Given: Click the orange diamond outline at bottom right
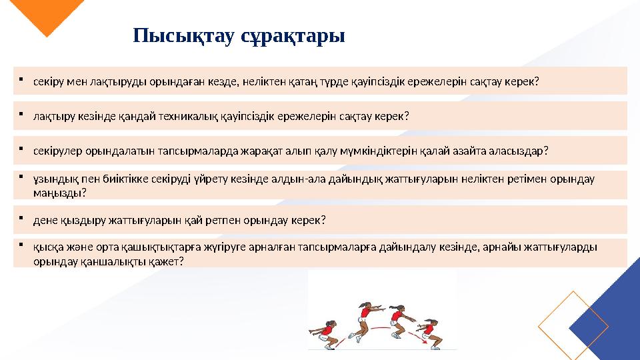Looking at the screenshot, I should click(573, 325).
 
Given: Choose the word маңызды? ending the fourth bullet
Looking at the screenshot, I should click(59, 193).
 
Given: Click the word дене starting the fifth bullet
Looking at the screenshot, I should click(44, 220).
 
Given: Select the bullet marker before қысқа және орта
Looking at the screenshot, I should click(22, 245).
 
